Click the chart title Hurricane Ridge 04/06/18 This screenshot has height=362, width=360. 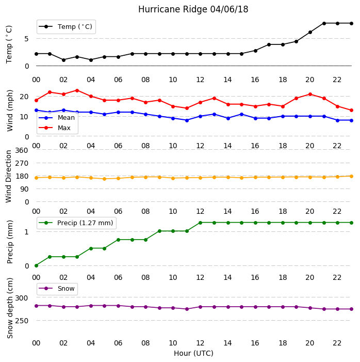pyautogui.click(x=193, y=9)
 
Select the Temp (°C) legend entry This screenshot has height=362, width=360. pyautogui.click(x=66, y=27)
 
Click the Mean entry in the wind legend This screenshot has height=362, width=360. pyautogui.click(x=57, y=118)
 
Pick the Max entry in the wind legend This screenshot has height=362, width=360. pyautogui.click(x=55, y=128)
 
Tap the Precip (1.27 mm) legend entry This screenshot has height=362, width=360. pyautogui.click(x=76, y=223)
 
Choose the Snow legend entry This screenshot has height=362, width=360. pyautogui.click(x=57, y=289)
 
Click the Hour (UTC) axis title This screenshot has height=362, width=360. pyautogui.click(x=193, y=353)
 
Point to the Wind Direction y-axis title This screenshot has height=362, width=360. pyautogui.click(x=9, y=177)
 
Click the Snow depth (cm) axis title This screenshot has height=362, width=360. pyautogui.click(x=9, y=308)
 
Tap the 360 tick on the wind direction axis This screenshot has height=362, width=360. pyautogui.click(x=22, y=150)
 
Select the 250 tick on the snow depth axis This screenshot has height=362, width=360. pyautogui.click(x=22, y=321)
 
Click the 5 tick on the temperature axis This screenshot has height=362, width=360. pyautogui.click(x=26, y=39)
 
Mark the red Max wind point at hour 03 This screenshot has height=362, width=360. pyautogui.click(x=77, y=90)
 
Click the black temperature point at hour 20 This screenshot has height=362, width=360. pyautogui.click(x=310, y=33)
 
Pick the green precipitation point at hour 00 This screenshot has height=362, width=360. pyautogui.click(x=36, y=266)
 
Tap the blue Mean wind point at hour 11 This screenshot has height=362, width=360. pyautogui.click(x=187, y=120)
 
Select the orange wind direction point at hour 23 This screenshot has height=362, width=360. pyautogui.click(x=351, y=177)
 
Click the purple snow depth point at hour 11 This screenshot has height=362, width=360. pyautogui.click(x=187, y=309)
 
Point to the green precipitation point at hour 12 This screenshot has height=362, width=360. pyautogui.click(x=201, y=223)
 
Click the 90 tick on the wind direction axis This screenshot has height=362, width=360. pyautogui.click(x=24, y=190)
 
